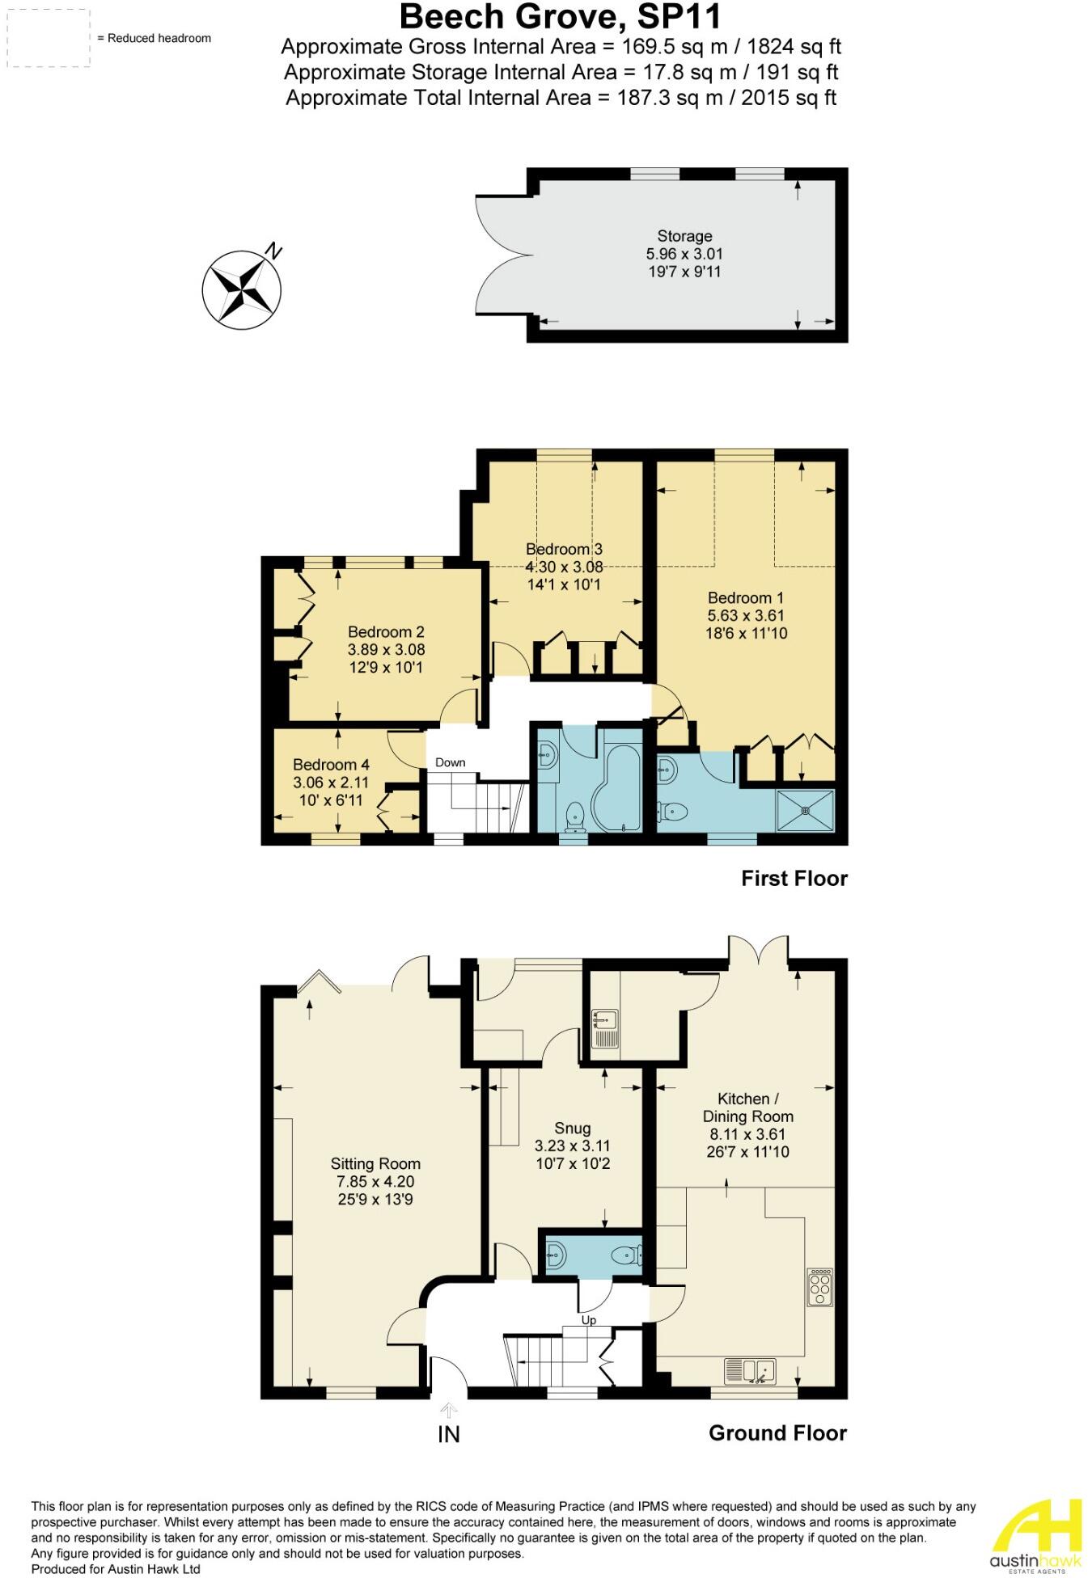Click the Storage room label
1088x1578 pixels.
[684, 236]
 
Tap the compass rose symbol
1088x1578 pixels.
[241, 289]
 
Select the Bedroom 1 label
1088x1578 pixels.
[745, 598]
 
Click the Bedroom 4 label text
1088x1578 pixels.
[331, 765]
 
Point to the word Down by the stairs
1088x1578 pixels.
[450, 762]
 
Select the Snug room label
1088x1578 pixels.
[572, 1128]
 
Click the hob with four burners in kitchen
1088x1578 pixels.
[819, 1287]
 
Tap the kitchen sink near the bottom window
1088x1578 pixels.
[750, 1369]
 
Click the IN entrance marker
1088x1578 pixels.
[448, 1434]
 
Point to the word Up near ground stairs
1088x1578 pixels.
[588, 1320]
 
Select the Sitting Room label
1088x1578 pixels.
[375, 1164]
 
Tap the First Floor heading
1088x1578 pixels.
[794, 879]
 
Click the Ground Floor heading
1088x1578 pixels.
[777, 1433]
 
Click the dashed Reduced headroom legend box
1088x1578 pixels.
[45, 38]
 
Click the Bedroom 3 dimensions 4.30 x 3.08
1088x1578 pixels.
[564, 567]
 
